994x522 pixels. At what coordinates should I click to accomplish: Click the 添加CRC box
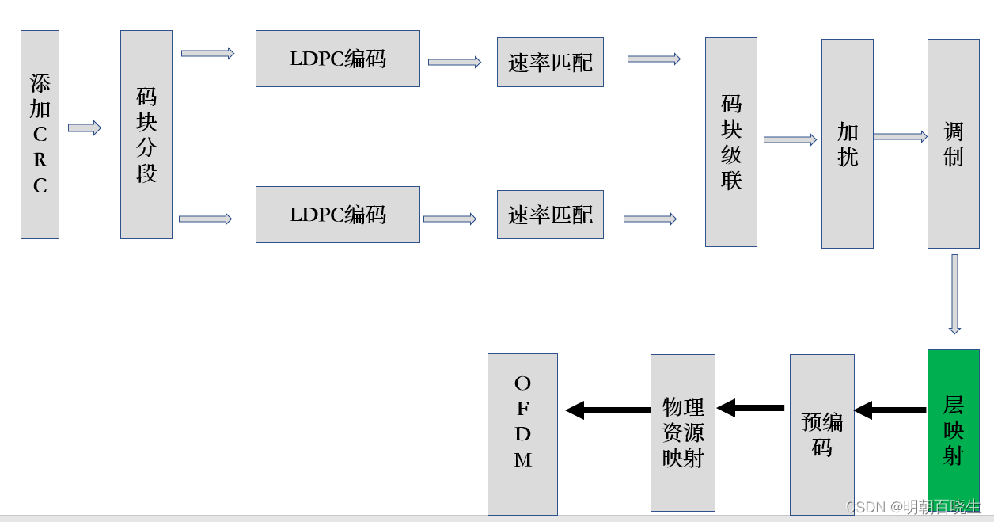point(40,135)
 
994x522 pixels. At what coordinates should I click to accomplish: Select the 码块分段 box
point(146,135)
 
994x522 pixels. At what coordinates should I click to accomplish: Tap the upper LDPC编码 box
point(338,59)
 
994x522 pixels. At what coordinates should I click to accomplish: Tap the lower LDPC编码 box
point(338,215)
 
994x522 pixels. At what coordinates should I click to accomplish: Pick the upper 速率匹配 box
point(550,63)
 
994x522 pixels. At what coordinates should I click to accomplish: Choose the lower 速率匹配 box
point(550,215)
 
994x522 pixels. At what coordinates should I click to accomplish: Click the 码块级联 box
point(731,143)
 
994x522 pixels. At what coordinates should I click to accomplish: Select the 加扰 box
point(848,144)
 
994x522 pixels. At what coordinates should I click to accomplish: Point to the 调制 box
point(954,144)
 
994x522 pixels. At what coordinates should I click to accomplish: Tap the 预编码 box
point(822,434)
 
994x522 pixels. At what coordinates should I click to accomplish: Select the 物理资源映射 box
point(683,432)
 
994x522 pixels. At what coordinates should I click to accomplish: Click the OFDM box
point(522,434)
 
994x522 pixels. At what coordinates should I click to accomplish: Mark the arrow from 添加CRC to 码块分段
point(85,128)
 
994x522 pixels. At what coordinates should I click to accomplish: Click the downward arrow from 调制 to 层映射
point(954,294)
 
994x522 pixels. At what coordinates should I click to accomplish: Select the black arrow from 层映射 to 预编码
point(890,410)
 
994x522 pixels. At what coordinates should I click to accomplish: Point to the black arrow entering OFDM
point(608,410)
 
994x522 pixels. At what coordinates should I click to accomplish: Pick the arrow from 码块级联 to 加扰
point(790,140)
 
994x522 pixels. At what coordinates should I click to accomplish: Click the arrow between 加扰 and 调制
point(901,137)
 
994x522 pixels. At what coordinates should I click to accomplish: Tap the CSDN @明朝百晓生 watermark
point(913,507)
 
